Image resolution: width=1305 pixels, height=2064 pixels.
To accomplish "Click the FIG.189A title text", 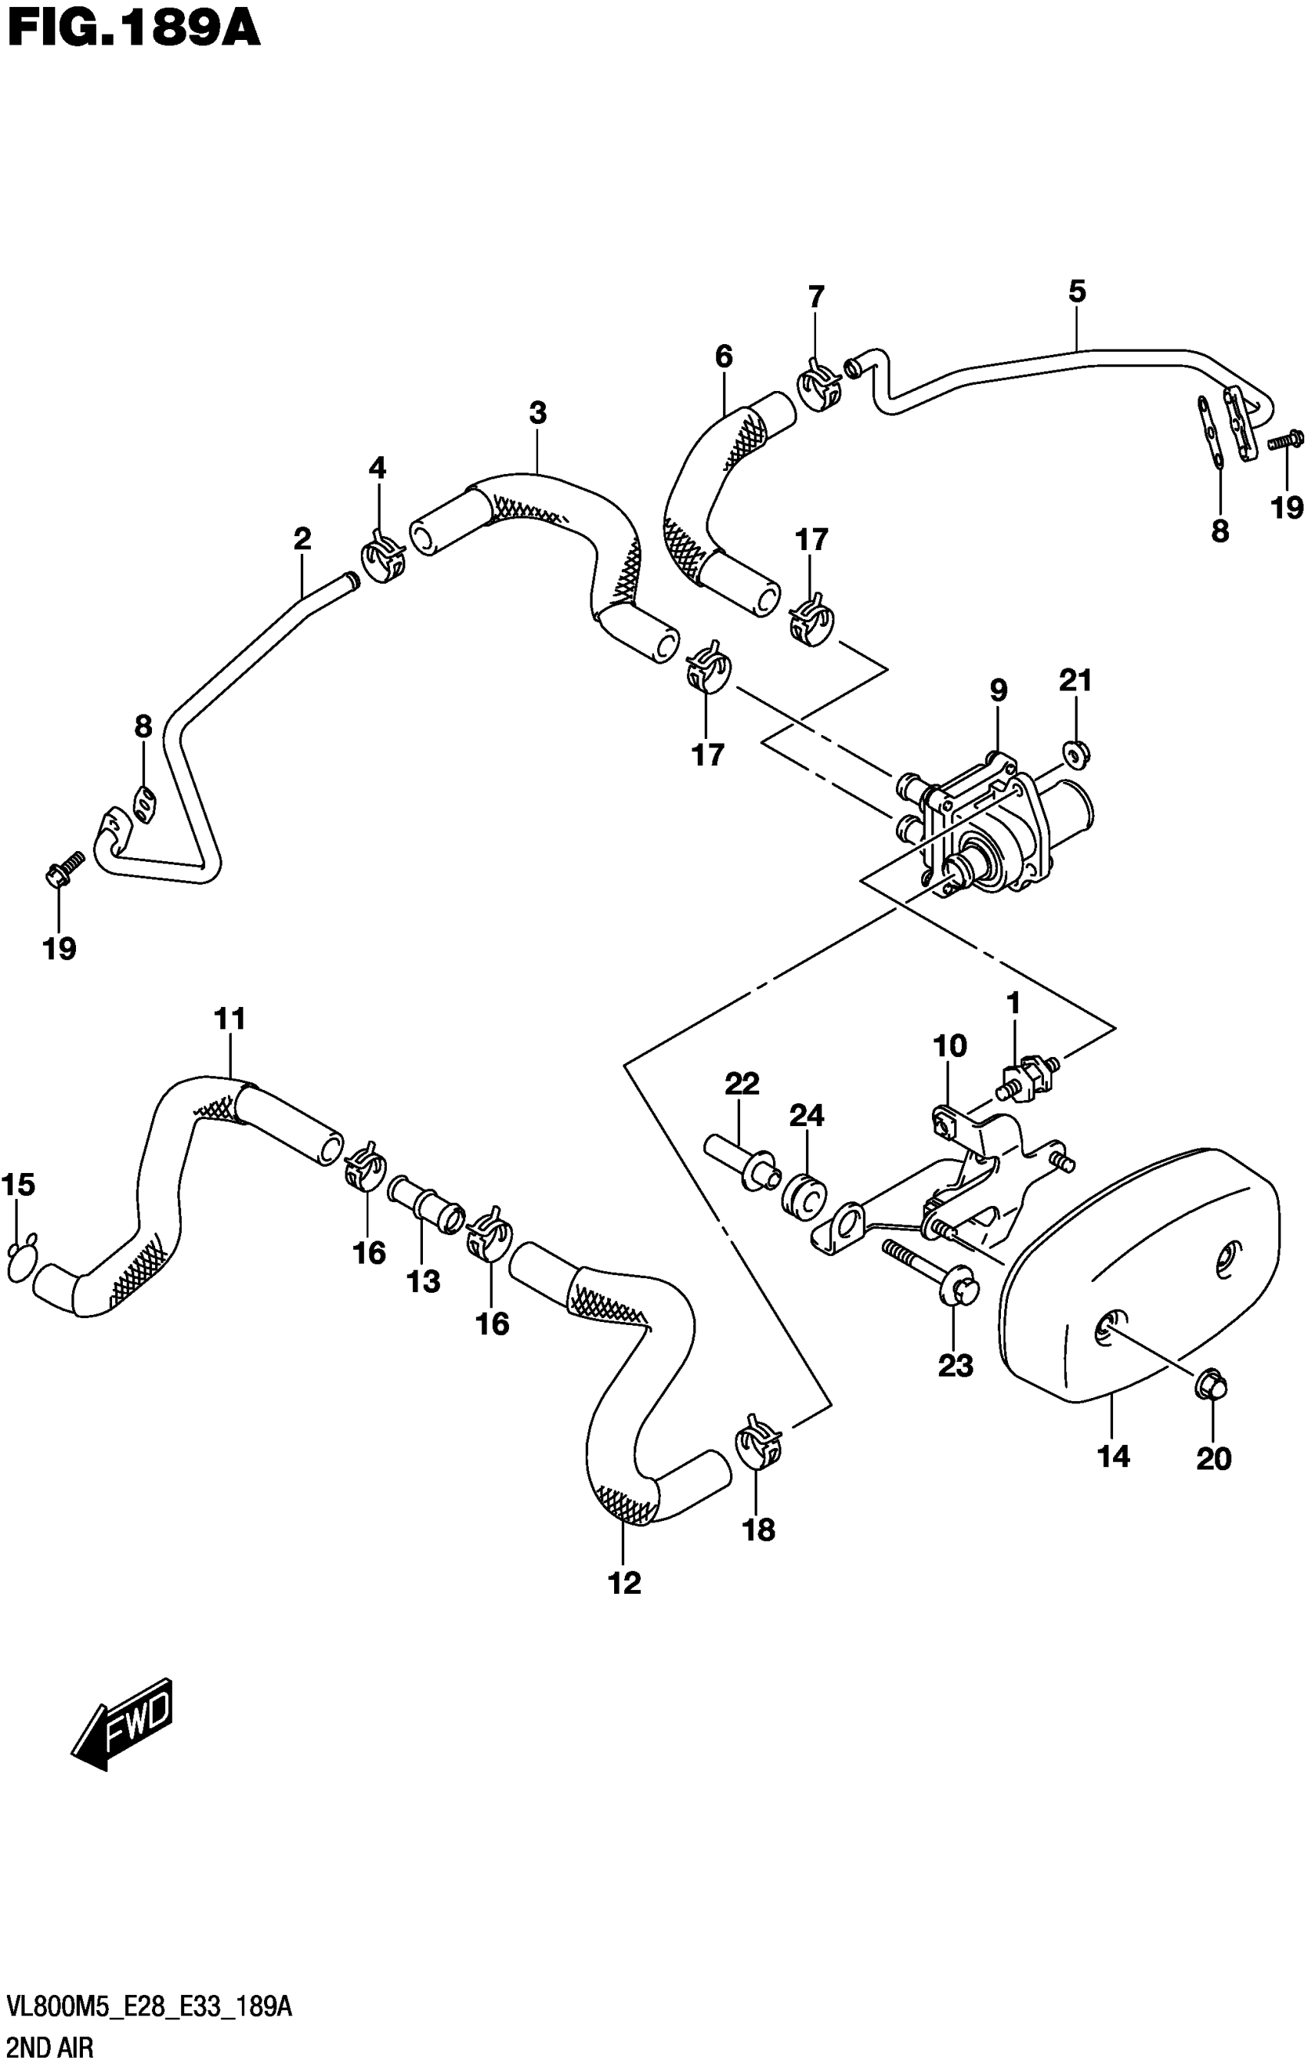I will tap(133, 31).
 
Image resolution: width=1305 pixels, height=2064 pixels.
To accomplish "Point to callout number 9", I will tap(998, 690).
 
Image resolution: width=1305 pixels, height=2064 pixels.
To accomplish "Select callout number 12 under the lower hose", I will tap(625, 1582).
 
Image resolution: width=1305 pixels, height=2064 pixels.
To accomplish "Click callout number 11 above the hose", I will tap(230, 1019).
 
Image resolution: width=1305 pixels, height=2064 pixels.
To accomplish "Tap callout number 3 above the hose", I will tap(537, 413).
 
